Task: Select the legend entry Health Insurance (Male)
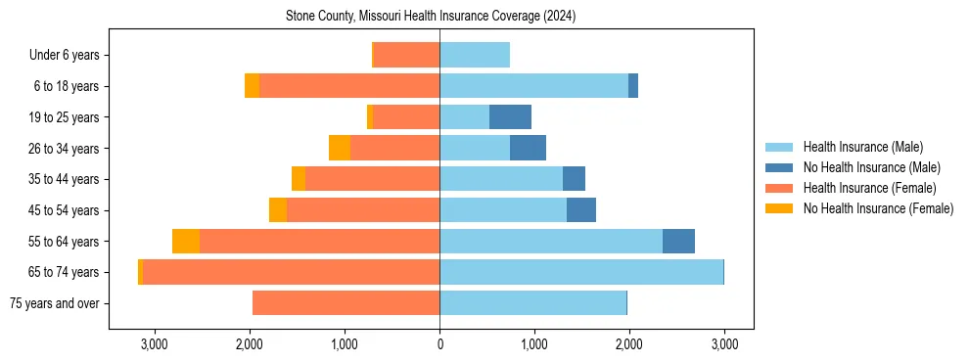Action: click(861, 147)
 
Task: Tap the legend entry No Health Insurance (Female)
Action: click(878, 208)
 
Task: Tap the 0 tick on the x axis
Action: click(439, 344)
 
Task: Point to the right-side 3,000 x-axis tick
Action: click(723, 344)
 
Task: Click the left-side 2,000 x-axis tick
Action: click(250, 344)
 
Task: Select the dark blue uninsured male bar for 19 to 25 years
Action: click(510, 117)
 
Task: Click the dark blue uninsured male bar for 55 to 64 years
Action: click(678, 242)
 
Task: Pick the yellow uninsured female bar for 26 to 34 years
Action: click(340, 149)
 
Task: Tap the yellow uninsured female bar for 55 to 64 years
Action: click(186, 242)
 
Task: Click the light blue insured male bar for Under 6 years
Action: click(475, 56)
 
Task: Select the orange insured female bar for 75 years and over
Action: click(346, 303)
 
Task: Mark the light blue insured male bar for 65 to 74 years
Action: click(581, 272)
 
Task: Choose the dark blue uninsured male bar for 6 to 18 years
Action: click(633, 86)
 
